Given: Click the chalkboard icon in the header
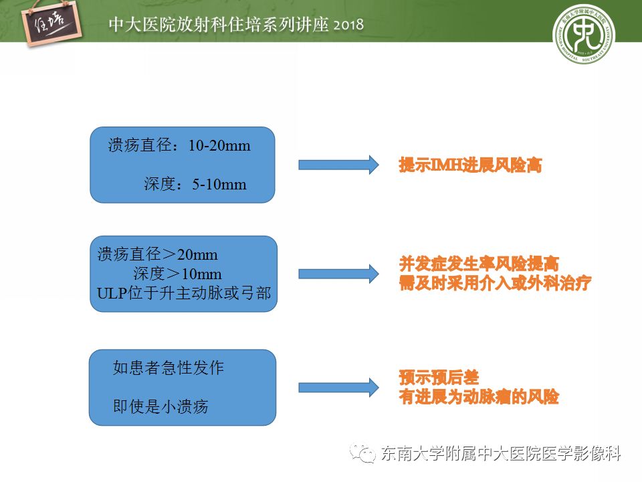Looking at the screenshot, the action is point(51,23).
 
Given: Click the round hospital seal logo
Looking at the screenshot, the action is point(583,33).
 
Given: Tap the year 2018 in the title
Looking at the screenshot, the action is point(348,25).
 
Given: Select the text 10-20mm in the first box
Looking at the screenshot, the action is point(219,145).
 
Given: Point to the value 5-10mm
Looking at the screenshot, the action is point(219,185).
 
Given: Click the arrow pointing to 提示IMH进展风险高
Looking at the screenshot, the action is point(338,165).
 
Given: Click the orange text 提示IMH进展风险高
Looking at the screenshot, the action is point(470,165).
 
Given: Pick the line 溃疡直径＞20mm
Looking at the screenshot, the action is point(157,254).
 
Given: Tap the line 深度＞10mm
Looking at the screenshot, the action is point(177,274).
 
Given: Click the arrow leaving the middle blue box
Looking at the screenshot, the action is point(338,274).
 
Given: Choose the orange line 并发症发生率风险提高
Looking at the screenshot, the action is point(479,264).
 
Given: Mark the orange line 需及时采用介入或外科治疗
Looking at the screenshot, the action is point(495,283).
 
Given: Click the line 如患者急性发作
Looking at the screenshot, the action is point(169,368).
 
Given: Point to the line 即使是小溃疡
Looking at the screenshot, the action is point(160,406).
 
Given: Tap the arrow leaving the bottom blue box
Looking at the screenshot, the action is point(338,388).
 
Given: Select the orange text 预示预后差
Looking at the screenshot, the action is point(439,378).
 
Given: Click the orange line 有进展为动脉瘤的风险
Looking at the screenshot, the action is point(479,397).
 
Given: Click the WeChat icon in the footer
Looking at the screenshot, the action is point(362,454).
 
